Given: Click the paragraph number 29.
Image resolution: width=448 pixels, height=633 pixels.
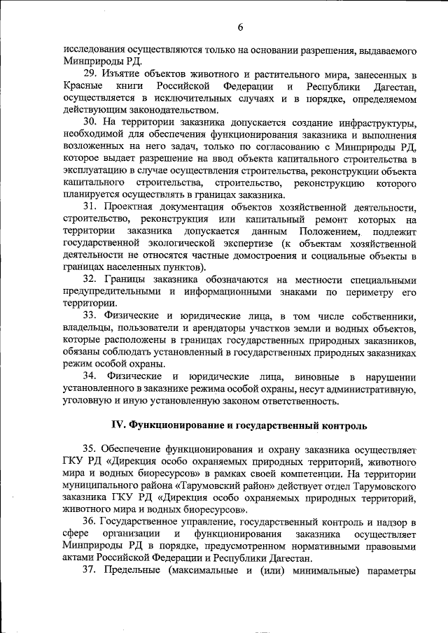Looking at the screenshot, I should tap(91, 74).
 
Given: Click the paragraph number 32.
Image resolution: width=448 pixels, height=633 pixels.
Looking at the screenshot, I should tap(91, 280).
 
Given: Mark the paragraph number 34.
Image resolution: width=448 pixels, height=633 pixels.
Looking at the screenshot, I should tap(91, 377).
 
